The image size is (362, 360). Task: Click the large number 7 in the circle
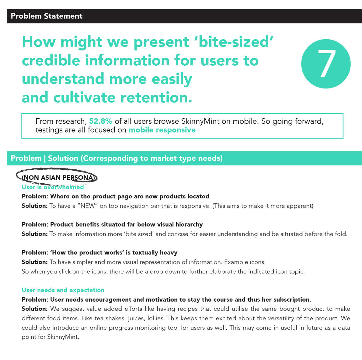326,64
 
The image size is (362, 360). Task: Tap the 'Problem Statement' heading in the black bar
47,16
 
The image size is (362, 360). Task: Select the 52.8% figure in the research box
101,121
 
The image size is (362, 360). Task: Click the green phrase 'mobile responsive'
162,130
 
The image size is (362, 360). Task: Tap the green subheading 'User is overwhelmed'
53,187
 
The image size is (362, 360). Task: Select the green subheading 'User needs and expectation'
63,290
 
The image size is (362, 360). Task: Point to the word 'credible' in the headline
51,60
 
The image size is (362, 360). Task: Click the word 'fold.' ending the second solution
341,234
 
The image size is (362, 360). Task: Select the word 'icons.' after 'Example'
258,262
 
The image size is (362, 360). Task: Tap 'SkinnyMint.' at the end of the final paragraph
63,337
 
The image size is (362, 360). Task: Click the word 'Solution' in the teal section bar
63,158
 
